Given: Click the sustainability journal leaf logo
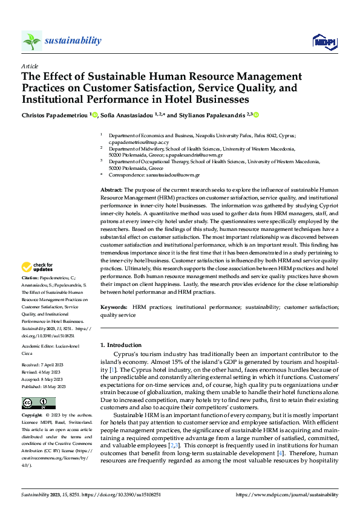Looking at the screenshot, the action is tap(32, 41).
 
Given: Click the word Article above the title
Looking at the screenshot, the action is tap(30, 66).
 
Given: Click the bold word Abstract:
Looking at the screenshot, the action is tap(112, 190).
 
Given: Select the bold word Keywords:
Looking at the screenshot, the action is tap(114, 308).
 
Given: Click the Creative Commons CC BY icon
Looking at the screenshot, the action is tap(39, 403).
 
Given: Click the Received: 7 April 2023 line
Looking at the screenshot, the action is tap(45, 366).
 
